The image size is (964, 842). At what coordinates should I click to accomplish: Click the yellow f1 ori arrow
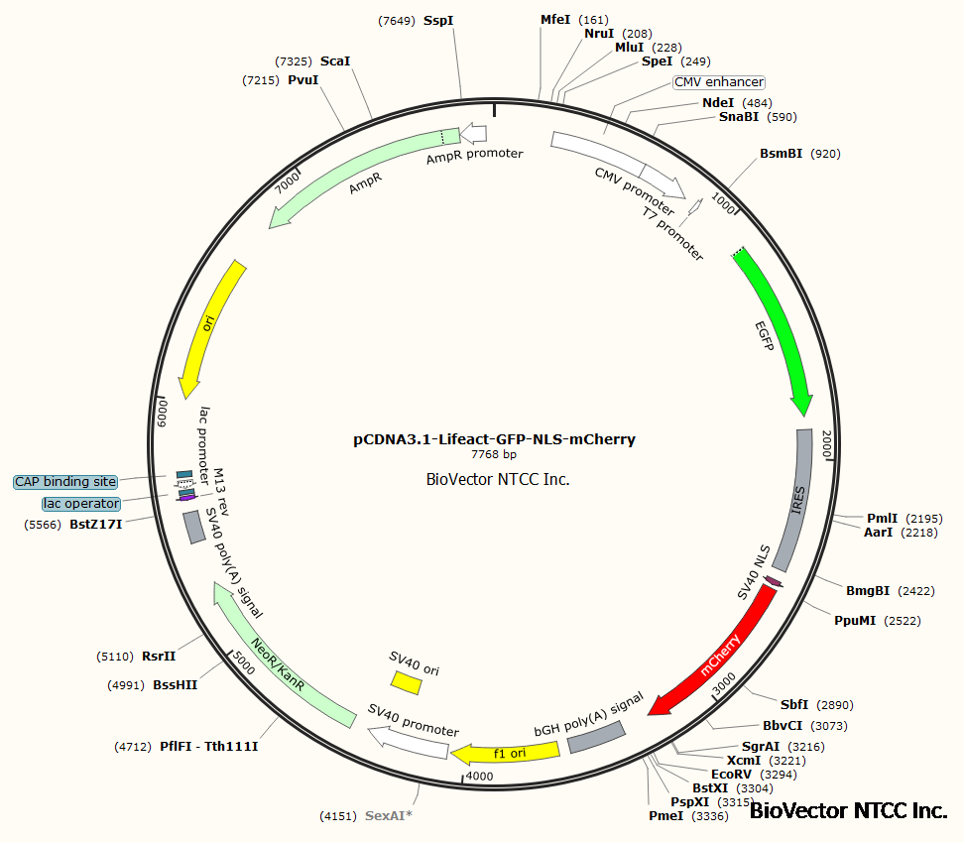[x=506, y=753]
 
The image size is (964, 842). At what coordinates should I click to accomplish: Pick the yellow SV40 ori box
[x=405, y=681]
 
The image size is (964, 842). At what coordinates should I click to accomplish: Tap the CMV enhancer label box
[x=719, y=82]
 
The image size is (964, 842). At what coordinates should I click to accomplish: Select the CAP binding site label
[x=65, y=482]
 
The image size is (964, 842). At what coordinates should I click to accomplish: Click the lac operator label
[x=81, y=504]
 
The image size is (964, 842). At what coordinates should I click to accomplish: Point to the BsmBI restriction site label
[x=782, y=154]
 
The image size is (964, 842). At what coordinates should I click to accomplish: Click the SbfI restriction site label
[x=794, y=705]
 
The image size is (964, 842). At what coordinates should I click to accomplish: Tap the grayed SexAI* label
[x=388, y=816]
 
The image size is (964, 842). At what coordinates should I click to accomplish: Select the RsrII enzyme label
[x=158, y=656]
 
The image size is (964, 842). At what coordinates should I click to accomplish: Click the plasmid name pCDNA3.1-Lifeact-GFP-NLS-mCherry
[x=494, y=438]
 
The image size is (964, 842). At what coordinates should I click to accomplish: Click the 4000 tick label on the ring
[x=480, y=776]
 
